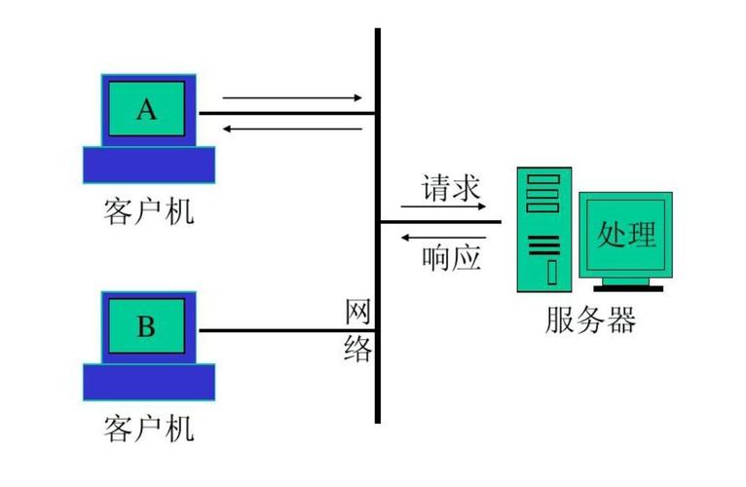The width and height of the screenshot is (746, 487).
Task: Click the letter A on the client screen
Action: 146,109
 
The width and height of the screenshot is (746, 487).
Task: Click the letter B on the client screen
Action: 146,326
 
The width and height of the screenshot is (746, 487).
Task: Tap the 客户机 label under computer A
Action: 148,210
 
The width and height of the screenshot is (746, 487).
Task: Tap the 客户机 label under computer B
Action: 148,428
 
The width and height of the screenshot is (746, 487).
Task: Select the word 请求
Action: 452,187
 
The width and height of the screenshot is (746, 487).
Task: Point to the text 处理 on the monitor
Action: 626,234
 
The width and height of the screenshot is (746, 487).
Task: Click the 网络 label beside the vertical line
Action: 358,331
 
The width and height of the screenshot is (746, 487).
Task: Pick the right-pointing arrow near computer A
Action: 292,97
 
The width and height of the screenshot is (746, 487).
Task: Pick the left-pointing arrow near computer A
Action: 292,129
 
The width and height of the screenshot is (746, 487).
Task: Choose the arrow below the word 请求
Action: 444,206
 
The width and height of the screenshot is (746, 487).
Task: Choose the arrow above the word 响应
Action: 444,237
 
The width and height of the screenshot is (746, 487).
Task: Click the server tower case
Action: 544,229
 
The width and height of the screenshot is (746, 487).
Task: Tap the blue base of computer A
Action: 147,166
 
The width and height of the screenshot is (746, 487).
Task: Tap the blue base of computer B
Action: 147,383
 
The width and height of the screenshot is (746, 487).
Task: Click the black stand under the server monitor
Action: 627,286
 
